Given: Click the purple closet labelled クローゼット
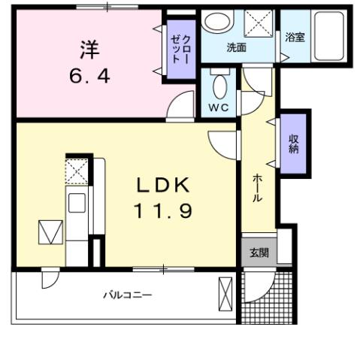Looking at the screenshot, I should click(181, 49).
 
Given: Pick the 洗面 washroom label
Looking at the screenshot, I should click(237, 47).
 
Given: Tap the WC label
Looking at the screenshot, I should click(219, 107).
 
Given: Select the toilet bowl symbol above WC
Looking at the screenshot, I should click(219, 86).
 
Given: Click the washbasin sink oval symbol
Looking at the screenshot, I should click(219, 22).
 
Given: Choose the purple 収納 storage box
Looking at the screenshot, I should click(294, 143).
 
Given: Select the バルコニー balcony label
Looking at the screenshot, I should click(128, 295).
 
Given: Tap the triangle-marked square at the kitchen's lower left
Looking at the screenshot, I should click(51, 232).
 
